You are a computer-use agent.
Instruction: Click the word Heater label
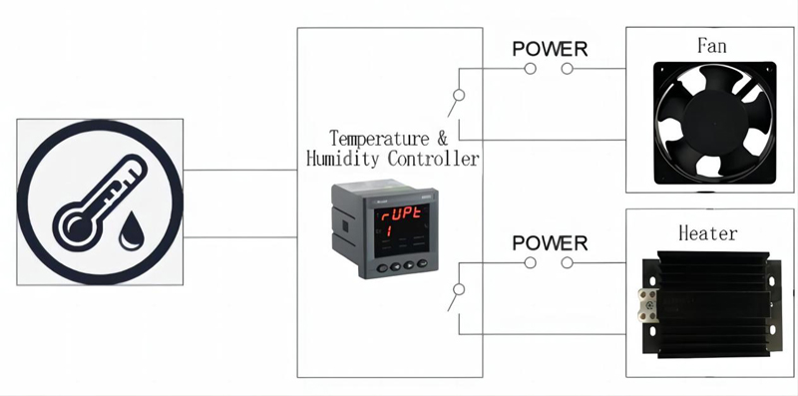(x=707, y=233)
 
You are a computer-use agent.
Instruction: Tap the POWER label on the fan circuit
(x=549, y=48)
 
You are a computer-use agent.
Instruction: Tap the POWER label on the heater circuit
(x=549, y=242)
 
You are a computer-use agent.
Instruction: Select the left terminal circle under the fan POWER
(x=531, y=69)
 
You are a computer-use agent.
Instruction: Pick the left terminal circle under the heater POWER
(x=531, y=263)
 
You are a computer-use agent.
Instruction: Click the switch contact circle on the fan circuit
(x=458, y=97)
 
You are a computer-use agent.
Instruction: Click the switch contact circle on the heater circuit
(x=458, y=290)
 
